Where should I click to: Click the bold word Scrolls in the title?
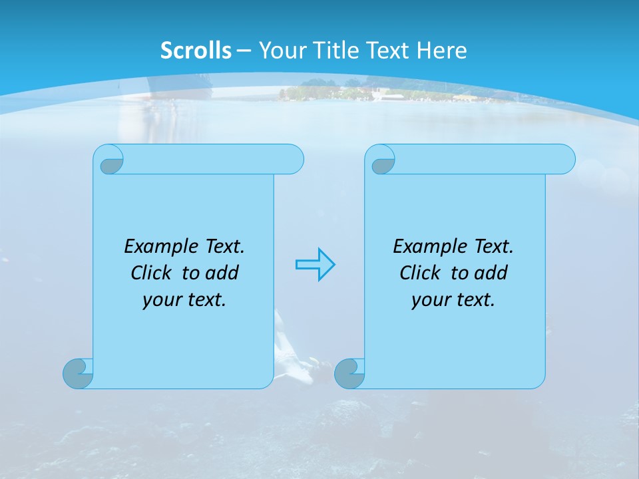coord(196,51)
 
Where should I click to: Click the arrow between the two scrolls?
coord(315,265)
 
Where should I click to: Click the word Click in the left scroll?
coord(150,273)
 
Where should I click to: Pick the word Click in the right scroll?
coord(419,273)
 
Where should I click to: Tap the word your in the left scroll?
coord(160,301)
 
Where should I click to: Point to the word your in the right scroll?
coord(429,301)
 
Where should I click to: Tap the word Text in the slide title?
coord(389,51)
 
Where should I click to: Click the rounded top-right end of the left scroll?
coord(293,159)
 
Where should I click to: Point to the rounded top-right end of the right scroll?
coord(564,159)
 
